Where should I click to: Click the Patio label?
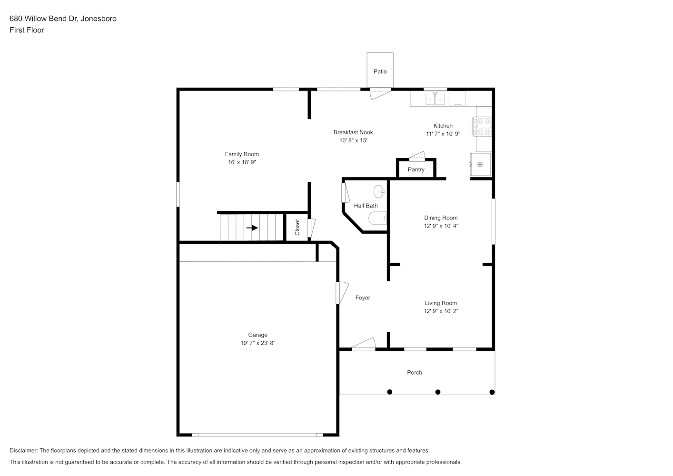click(380, 71)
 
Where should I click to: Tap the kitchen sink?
click(435, 99)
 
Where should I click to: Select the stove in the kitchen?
click(482, 126)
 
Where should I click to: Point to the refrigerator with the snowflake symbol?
click(480, 164)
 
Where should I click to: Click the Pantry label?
click(416, 169)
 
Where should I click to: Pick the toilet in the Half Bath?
click(377, 218)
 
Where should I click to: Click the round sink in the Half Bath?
click(379, 191)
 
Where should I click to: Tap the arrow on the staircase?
click(252, 228)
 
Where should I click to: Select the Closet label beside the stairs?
click(297, 227)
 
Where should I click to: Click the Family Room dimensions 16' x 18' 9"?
click(242, 162)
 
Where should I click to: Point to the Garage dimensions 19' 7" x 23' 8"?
click(258, 343)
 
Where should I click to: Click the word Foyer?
click(363, 297)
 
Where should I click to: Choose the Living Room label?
click(441, 303)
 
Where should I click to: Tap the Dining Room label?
click(441, 218)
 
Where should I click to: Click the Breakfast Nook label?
click(353, 132)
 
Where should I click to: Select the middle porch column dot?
click(438, 392)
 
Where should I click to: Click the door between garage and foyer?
click(342, 293)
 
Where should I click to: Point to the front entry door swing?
click(364, 344)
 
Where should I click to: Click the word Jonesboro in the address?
click(99, 19)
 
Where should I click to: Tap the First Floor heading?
click(27, 30)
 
